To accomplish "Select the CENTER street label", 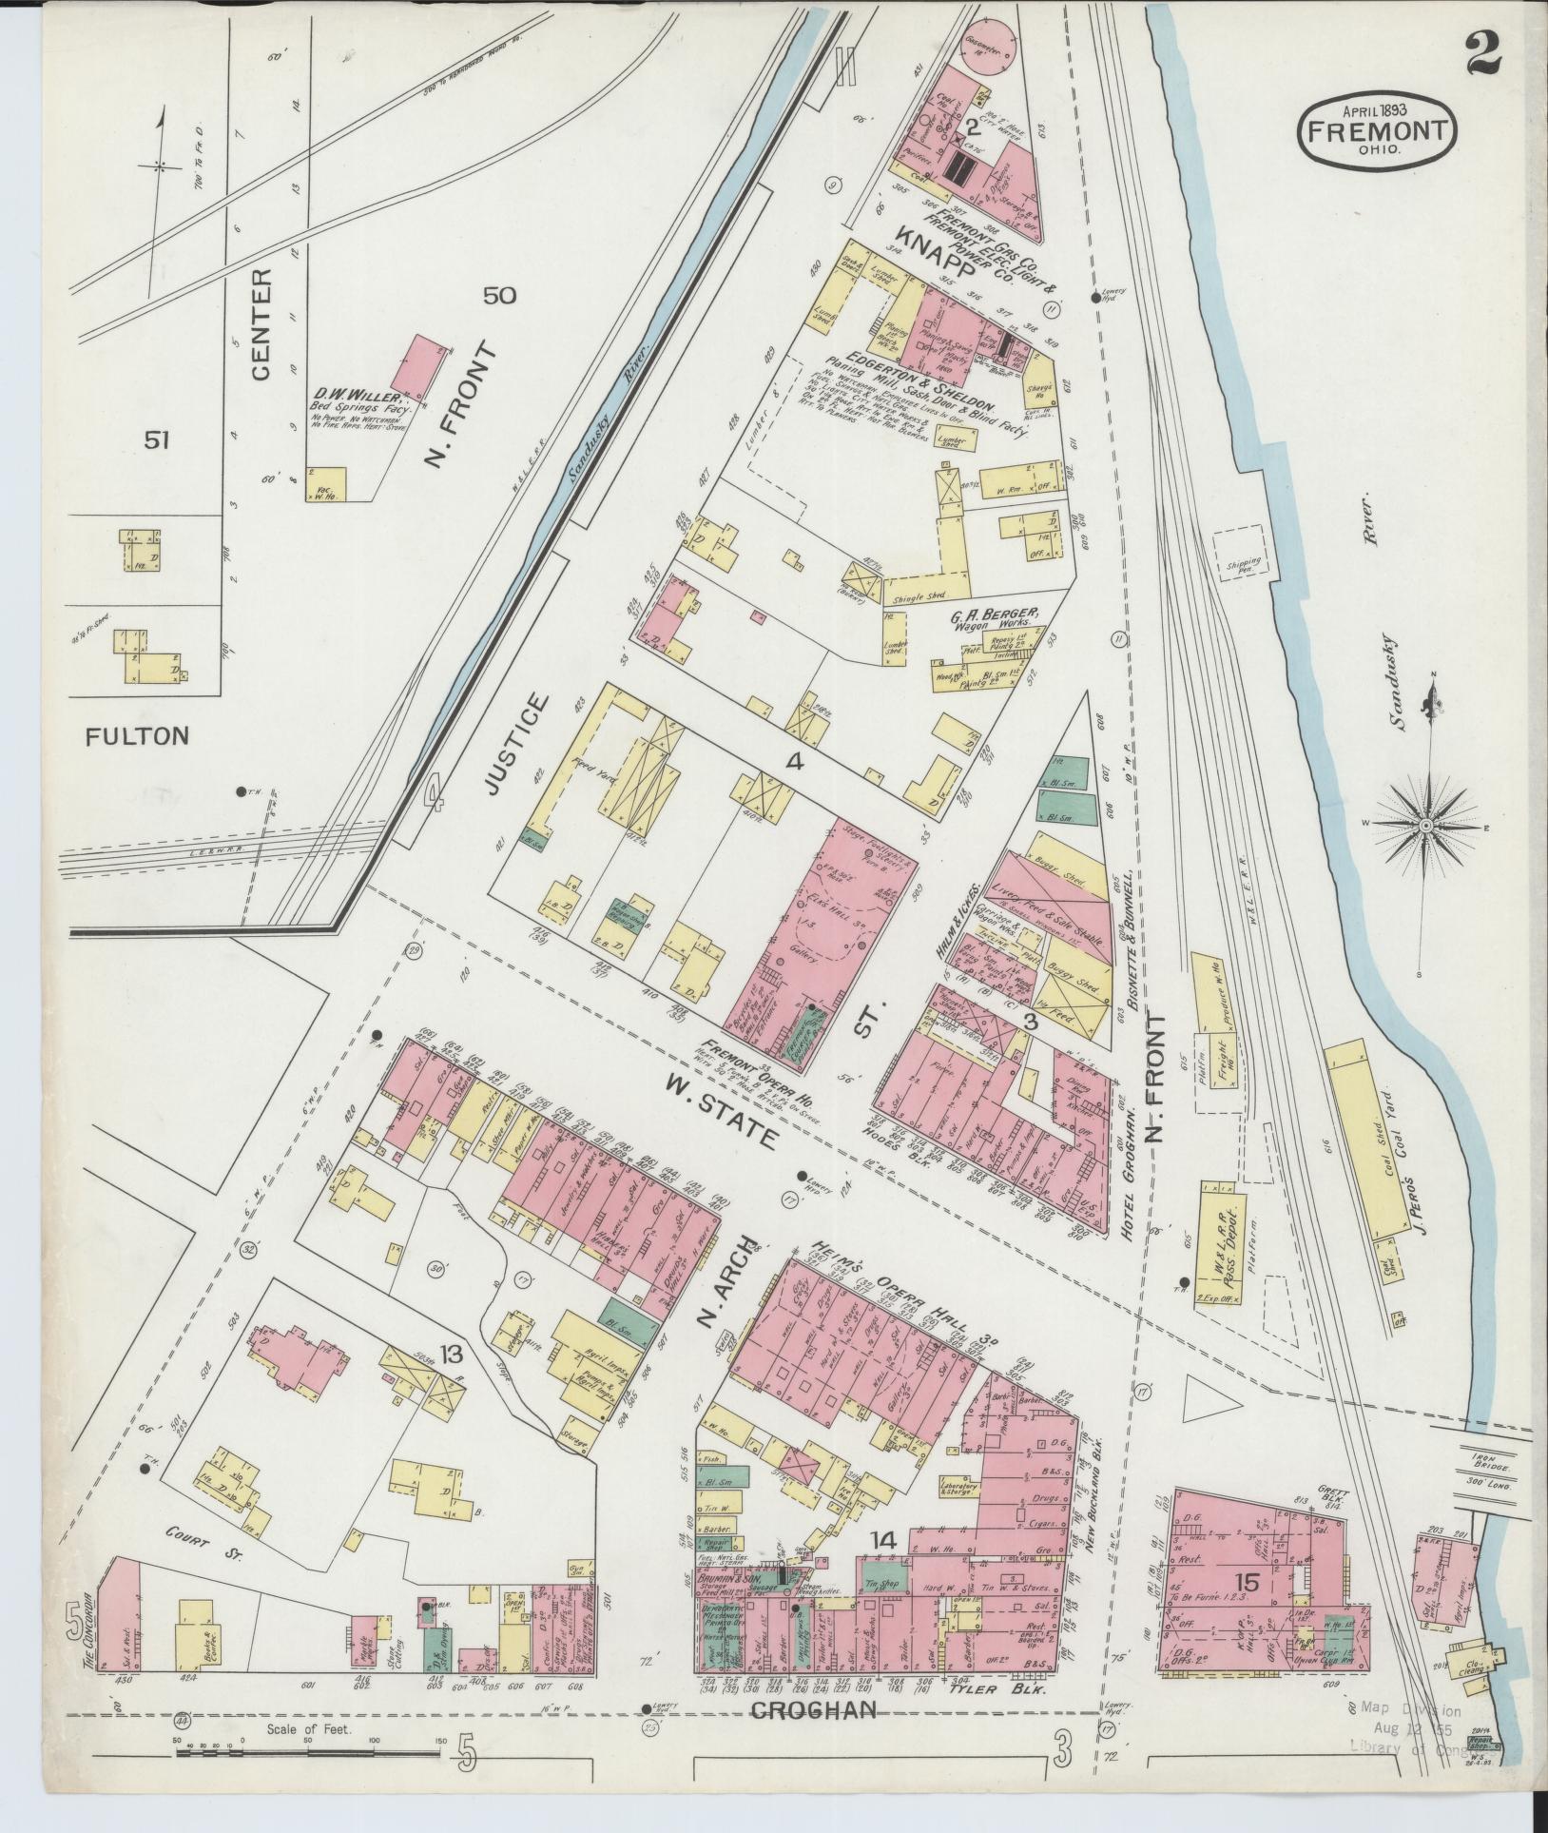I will (x=261, y=324).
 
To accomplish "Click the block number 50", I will (x=499, y=296).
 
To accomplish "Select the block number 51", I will (x=157, y=439).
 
